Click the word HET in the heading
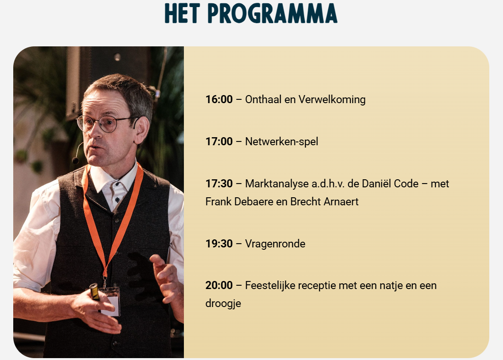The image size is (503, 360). [182, 13]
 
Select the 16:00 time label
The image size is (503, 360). [219, 99]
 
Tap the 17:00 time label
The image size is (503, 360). [219, 141]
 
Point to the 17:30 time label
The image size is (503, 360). [219, 184]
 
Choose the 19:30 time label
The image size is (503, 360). [219, 244]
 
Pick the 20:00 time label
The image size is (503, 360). [219, 285]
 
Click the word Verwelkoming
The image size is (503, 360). [332, 99]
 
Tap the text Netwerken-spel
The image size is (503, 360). [282, 141]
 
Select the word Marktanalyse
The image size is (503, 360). [277, 184]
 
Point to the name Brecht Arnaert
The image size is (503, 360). [324, 202]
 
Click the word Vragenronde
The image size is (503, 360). [275, 244]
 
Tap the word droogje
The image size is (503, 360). [223, 304]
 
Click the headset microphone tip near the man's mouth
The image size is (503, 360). [76, 160]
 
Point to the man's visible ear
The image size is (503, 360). [141, 130]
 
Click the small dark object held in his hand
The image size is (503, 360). [95, 291]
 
